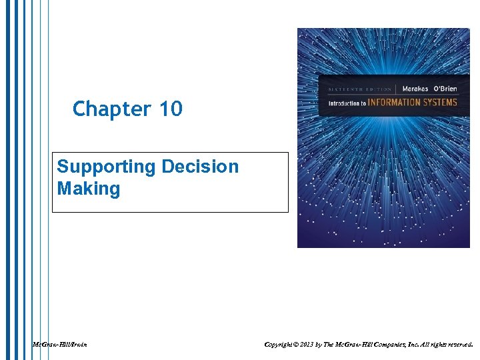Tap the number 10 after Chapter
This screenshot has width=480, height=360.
click(171, 109)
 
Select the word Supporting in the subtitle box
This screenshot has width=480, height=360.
click(99, 166)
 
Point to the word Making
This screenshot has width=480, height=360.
click(88, 189)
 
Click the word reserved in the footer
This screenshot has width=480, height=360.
click(457, 345)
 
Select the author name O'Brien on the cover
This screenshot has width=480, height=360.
click(443, 89)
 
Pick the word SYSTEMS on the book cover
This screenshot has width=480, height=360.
click(441, 103)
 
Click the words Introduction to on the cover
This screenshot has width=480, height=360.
click(347, 103)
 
